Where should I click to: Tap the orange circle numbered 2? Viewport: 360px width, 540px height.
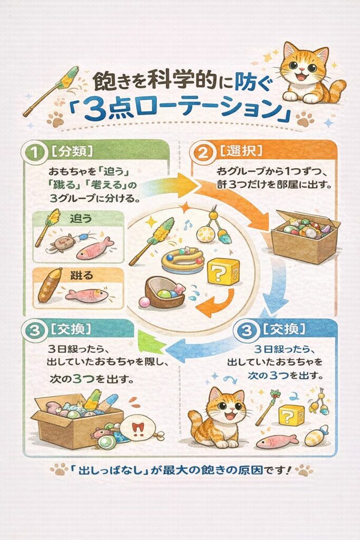[203, 152]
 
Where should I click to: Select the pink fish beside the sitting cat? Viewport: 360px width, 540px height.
[277, 441]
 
